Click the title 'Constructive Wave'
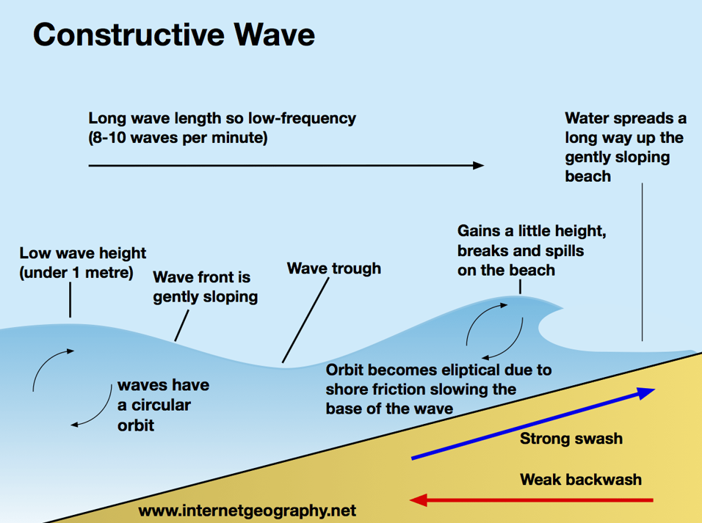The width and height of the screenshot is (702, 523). click(x=174, y=34)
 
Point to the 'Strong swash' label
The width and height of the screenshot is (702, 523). click(x=571, y=439)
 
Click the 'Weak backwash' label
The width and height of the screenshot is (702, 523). click(x=580, y=480)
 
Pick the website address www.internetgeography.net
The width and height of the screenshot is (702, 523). click(x=247, y=509)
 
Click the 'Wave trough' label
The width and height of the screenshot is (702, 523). click(x=334, y=268)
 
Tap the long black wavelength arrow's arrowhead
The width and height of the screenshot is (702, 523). click(x=478, y=166)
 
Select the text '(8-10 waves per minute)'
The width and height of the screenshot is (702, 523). click(x=178, y=138)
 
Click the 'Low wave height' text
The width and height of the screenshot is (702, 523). click(x=83, y=254)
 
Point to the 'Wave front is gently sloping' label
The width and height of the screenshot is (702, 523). click(x=205, y=287)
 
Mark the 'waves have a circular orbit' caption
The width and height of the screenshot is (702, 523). click(x=163, y=405)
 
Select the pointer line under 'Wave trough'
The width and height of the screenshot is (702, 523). click(x=305, y=321)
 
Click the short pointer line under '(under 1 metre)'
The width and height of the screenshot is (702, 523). click(x=70, y=301)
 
